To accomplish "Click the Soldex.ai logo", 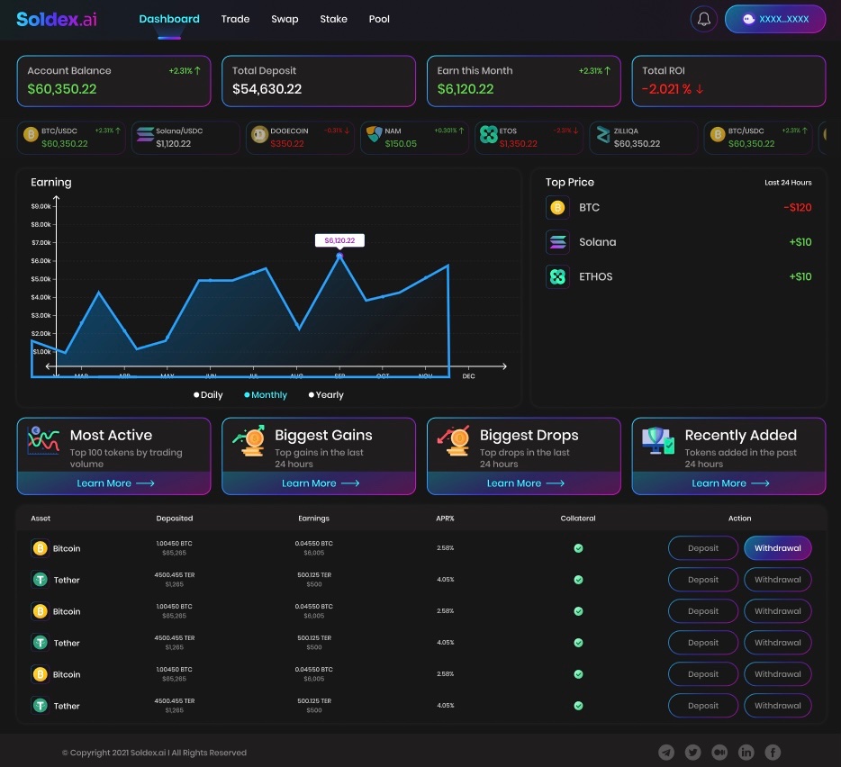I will (x=56, y=19).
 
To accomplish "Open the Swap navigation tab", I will (x=285, y=19).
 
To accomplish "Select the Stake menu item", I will (x=333, y=19).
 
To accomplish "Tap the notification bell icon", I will (x=704, y=19).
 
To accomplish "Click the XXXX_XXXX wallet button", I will (x=774, y=19).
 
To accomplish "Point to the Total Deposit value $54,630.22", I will (x=267, y=89).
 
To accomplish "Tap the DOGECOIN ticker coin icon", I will (x=260, y=135).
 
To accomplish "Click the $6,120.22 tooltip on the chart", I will (x=339, y=240).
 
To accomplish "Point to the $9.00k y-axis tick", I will (x=41, y=206).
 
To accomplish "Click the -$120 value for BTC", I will (x=797, y=208).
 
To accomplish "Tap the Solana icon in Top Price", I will (x=557, y=242).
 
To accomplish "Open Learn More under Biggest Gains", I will (x=320, y=483).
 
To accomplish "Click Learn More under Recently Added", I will (x=729, y=483).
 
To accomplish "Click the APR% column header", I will (x=445, y=519).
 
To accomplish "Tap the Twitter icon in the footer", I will (x=692, y=753).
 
